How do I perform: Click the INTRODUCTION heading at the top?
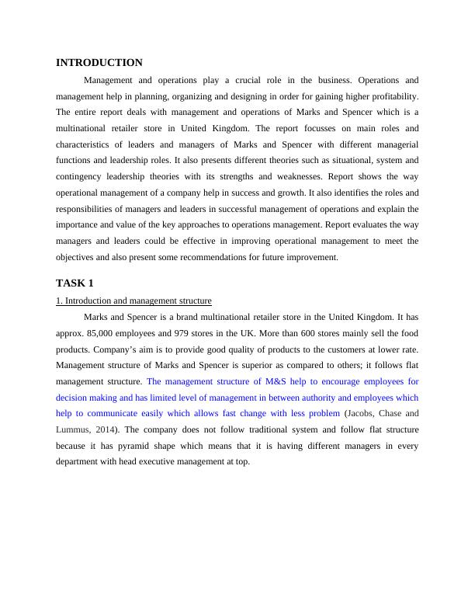click(99, 63)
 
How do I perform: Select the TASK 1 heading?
click(75, 283)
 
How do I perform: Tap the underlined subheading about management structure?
click(133, 301)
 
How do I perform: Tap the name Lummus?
click(72, 429)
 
